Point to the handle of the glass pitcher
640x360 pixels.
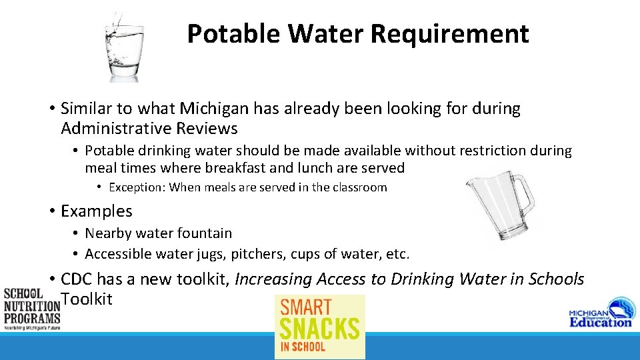point(523,196)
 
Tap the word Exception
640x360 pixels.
point(137,187)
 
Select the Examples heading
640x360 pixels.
point(97,211)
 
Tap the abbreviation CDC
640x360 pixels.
point(79,279)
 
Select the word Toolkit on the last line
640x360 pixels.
point(87,299)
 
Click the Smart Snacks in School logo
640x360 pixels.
point(320,326)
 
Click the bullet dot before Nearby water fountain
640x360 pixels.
point(77,233)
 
